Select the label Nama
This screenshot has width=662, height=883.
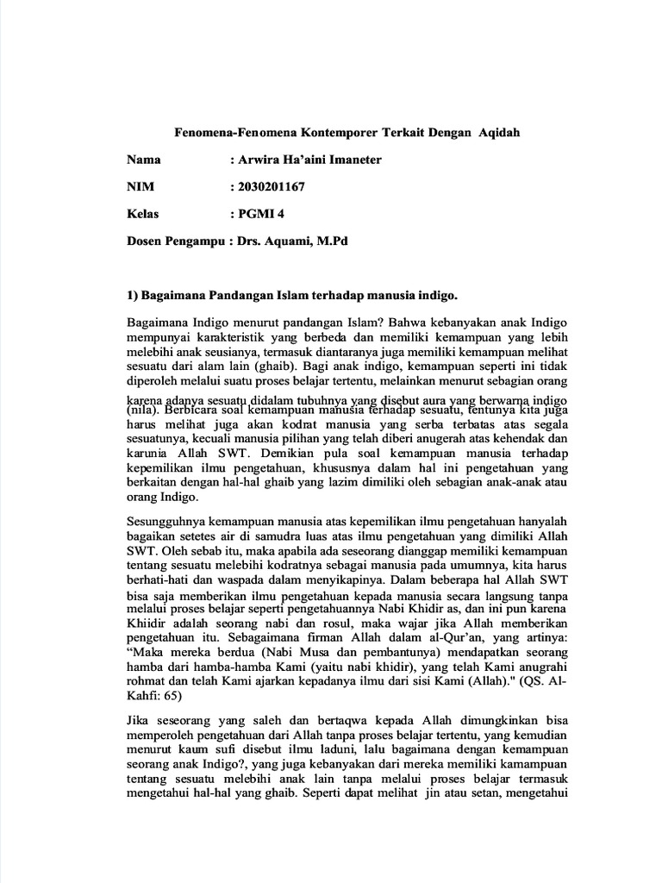click(x=144, y=160)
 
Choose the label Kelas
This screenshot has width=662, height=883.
click(x=142, y=213)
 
